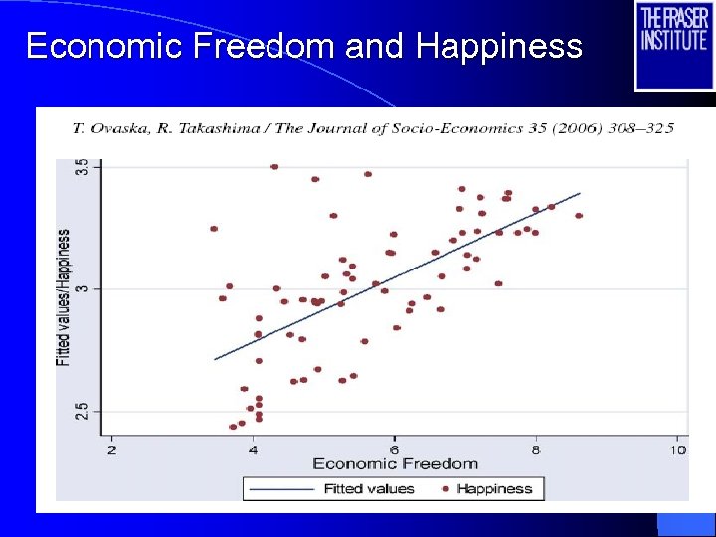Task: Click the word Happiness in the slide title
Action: (499, 46)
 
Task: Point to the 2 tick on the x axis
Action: (111, 448)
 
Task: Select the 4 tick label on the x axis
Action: (253, 448)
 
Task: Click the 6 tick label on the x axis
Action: (394, 448)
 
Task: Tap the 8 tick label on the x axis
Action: (536, 448)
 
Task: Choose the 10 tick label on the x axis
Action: (676, 448)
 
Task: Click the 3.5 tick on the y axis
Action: (83, 167)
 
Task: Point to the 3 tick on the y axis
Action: (83, 289)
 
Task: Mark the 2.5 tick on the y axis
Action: (83, 411)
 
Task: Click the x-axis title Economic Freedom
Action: (395, 464)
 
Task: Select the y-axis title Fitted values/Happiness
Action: (64, 296)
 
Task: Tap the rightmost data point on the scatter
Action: (579, 215)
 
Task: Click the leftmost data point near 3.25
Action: (214, 229)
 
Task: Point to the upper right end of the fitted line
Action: (579, 193)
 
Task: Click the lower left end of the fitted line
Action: (215, 359)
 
